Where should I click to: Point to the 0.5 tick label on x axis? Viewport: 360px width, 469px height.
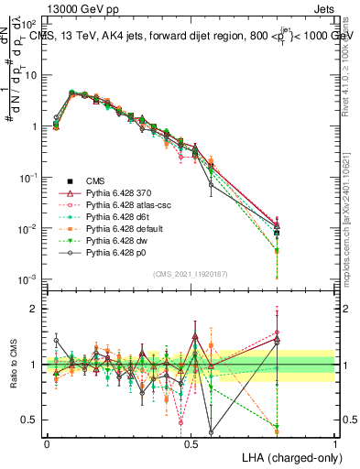(191, 442)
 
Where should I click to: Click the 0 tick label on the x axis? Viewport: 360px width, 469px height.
(47, 442)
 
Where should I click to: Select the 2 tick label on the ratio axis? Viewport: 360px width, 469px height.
(35, 309)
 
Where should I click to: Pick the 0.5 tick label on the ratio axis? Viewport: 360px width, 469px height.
(30, 420)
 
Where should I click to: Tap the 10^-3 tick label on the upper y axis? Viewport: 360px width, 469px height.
(28, 278)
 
